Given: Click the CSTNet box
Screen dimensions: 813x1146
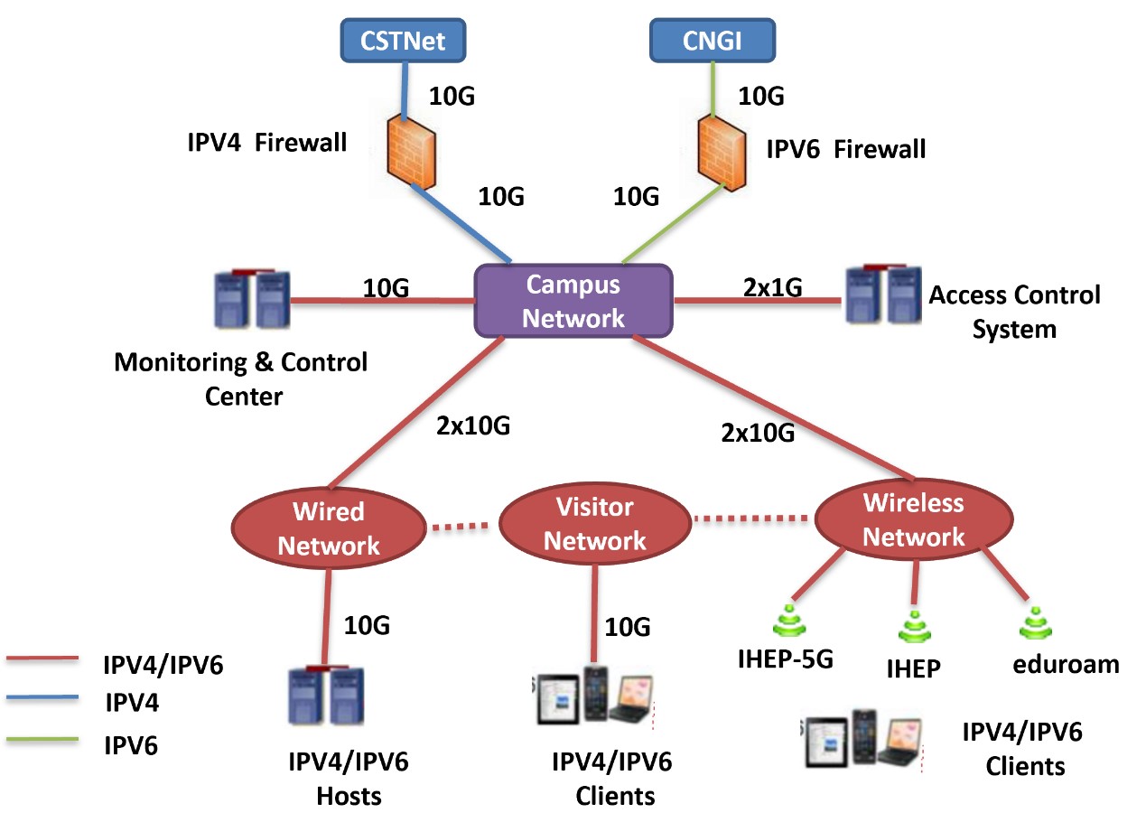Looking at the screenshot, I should (x=402, y=41).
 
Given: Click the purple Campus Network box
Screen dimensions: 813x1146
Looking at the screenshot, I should (x=574, y=301).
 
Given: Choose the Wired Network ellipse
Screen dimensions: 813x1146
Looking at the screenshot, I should (x=329, y=528).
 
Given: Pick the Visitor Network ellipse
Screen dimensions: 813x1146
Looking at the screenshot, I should (x=594, y=525).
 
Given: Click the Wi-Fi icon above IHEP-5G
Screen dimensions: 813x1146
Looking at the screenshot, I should (x=786, y=624).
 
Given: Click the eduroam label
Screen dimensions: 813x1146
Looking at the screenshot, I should (x=1066, y=665).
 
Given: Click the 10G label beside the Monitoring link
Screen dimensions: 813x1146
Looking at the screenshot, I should (x=387, y=288).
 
